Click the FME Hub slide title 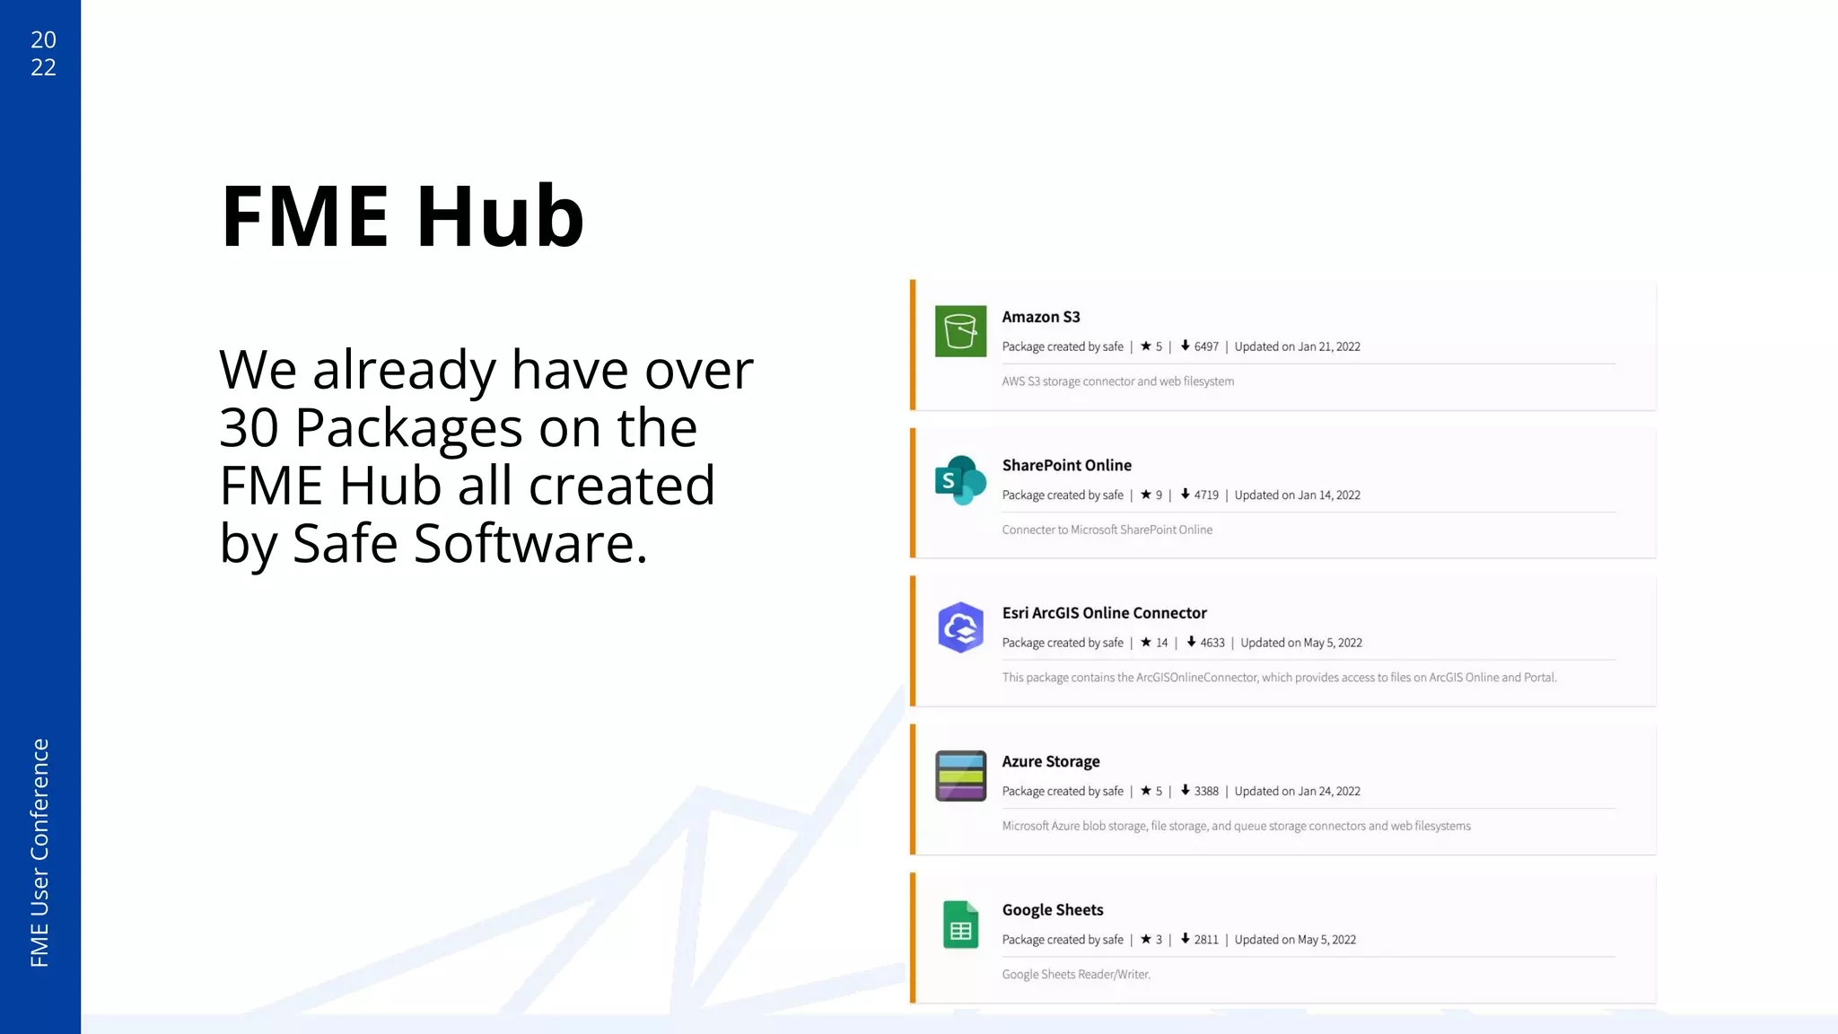tap(402, 216)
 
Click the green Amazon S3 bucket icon tap(960, 331)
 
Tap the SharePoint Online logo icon tap(960, 480)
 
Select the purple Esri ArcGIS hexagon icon tap(960, 627)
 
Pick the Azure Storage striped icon tap(960, 775)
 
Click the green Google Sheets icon tap(960, 924)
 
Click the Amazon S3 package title tap(1041, 317)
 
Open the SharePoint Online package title tap(1066, 465)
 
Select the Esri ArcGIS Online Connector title tap(1104, 613)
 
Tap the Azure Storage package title tap(1051, 761)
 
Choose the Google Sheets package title tap(1053, 910)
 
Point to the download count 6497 tap(1205, 346)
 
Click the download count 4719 tap(1205, 495)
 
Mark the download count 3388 tap(1205, 791)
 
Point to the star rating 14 tap(1161, 643)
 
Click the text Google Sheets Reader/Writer tap(1076, 975)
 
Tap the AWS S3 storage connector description tap(1117, 381)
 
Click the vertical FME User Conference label tap(39, 853)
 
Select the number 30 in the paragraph tap(249, 427)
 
